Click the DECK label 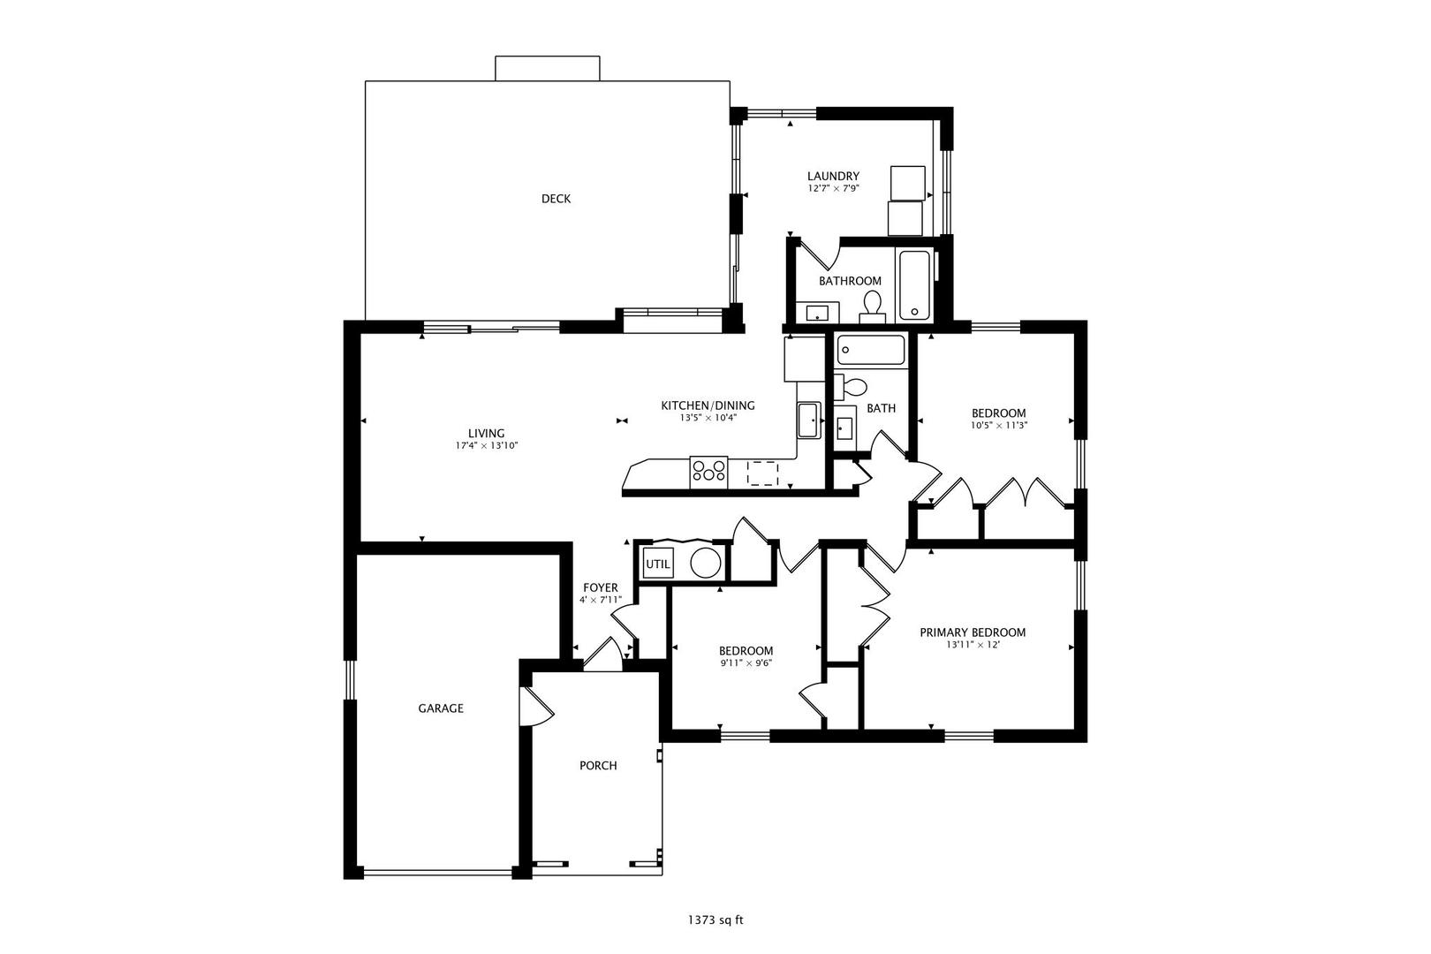[x=556, y=199]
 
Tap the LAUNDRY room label [x=833, y=177]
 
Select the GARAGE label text [x=441, y=708]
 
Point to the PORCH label [x=598, y=766]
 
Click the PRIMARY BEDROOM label [x=973, y=632]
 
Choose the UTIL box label [x=658, y=564]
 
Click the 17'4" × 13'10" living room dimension [x=486, y=446]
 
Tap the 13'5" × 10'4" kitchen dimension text [x=708, y=418]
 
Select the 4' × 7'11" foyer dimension [x=601, y=600]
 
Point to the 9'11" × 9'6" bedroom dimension [x=746, y=663]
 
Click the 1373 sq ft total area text [x=715, y=920]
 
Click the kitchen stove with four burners [x=708, y=473]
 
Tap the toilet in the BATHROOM [x=872, y=306]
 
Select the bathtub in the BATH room [x=870, y=350]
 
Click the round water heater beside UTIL [x=705, y=564]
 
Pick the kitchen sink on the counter [x=809, y=420]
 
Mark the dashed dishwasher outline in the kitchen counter [x=763, y=473]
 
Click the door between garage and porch [x=536, y=706]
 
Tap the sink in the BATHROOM [x=817, y=313]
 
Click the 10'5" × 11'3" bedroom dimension [x=998, y=426]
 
